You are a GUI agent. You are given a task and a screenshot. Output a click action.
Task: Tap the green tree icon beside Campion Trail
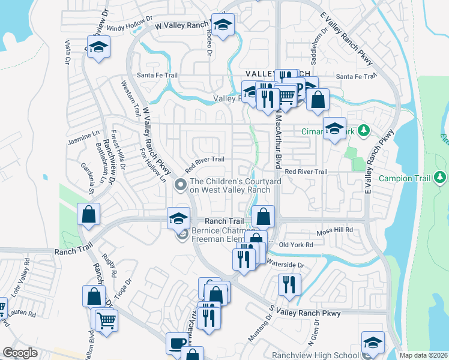tap(441, 178)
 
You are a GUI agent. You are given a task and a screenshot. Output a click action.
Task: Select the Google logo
tap(20, 353)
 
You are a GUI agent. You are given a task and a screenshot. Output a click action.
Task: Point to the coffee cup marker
tap(177, 343)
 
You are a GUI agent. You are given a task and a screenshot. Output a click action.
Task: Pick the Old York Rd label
tap(297, 245)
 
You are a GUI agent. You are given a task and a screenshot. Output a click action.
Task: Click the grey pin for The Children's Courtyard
tap(179, 185)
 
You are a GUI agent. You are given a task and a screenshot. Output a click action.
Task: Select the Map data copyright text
tap(423, 355)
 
